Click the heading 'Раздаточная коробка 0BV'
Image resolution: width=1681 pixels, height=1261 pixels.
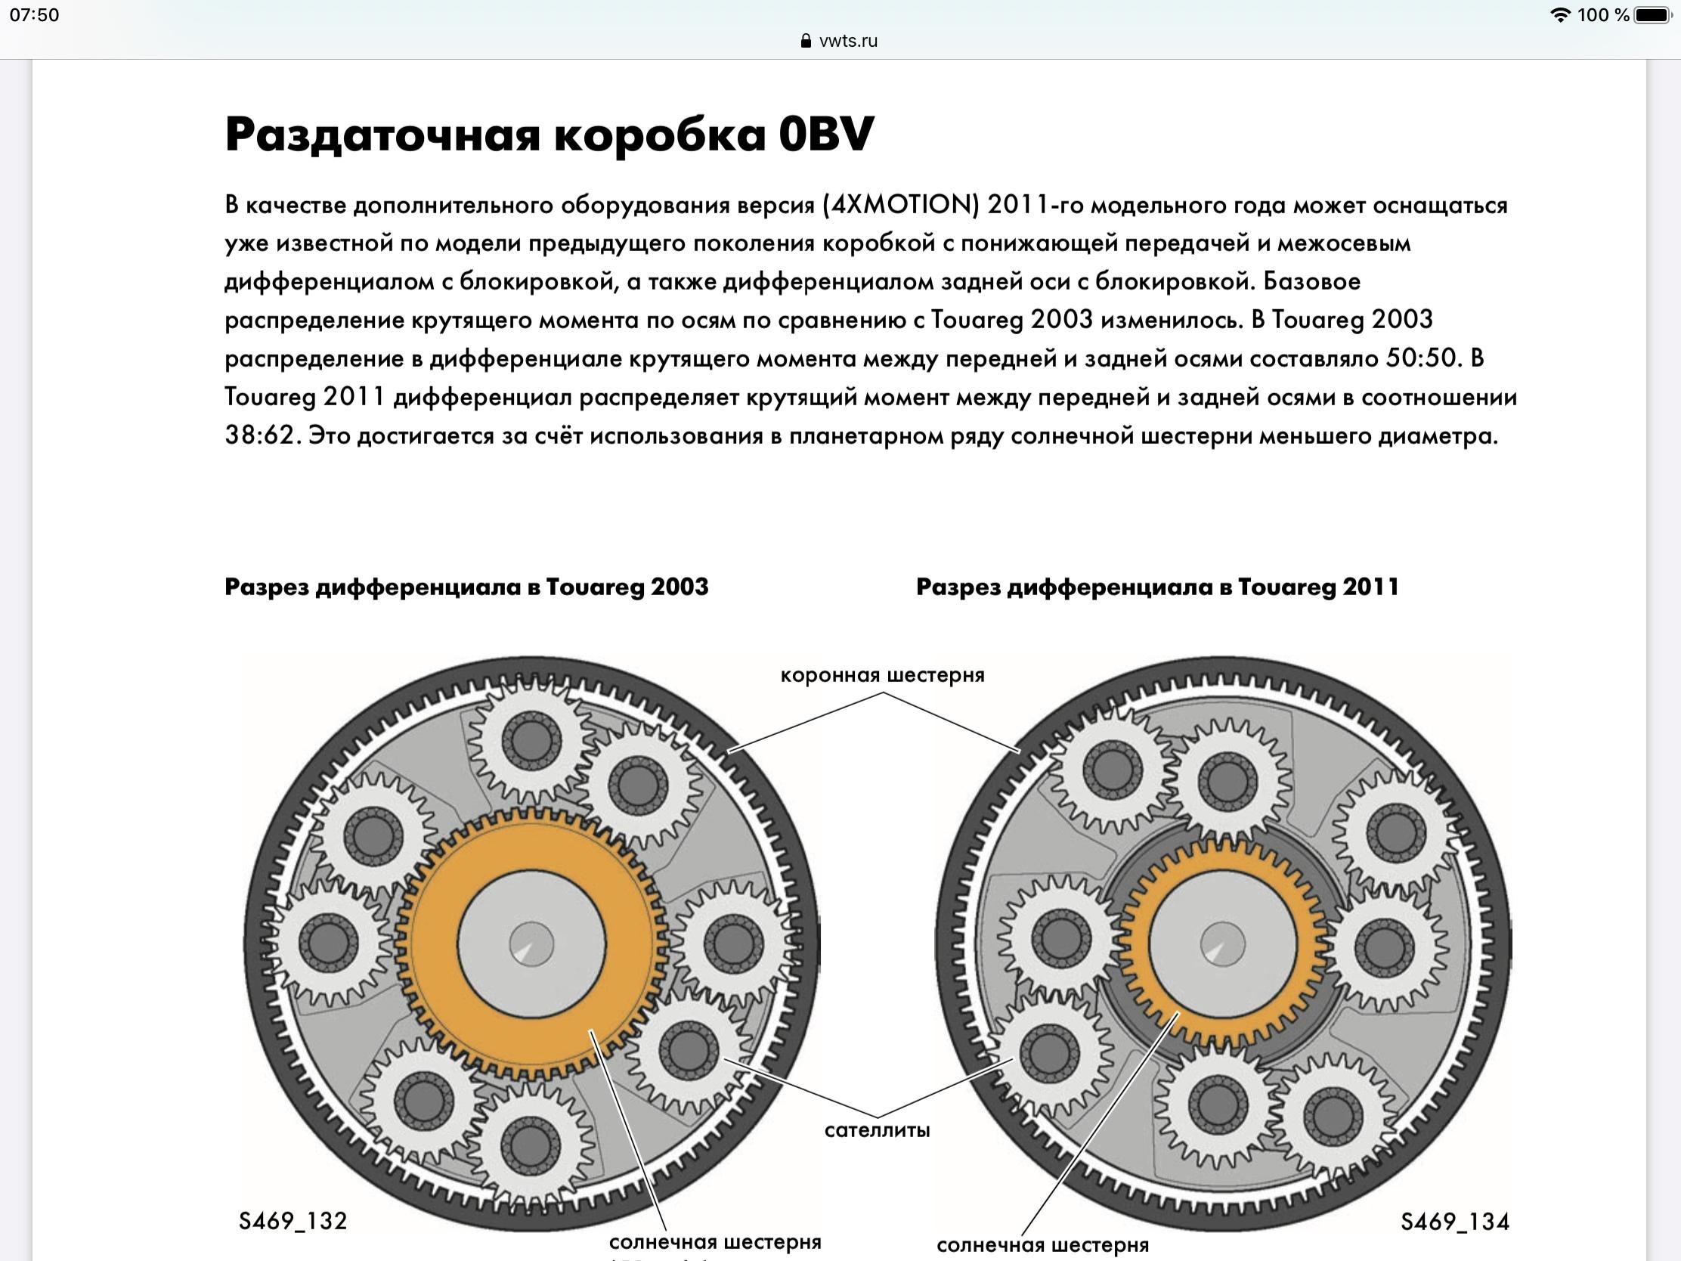pos(549,135)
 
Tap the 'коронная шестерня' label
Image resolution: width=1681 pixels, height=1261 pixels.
pos(881,675)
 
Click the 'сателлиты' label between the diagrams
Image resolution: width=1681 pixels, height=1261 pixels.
pos(877,1130)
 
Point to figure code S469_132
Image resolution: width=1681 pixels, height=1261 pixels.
pos(293,1221)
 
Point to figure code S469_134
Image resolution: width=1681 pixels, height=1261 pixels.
pos(1454,1222)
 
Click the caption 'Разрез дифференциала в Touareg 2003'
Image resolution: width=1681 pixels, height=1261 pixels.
pos(466,587)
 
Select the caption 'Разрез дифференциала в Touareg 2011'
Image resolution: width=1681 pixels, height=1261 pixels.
pos(1156,587)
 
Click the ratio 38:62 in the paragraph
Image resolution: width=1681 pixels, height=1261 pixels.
pos(259,436)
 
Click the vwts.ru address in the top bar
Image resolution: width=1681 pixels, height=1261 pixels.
pos(848,41)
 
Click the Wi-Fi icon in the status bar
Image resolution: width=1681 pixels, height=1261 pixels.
pos(1559,15)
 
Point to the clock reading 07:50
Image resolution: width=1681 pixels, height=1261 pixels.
pos(34,15)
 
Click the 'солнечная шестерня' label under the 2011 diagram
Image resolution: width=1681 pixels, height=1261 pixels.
pos(1042,1245)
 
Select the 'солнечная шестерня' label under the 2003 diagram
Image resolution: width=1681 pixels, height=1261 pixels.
pos(714,1242)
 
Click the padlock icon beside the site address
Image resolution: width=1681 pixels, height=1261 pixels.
pos(806,41)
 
